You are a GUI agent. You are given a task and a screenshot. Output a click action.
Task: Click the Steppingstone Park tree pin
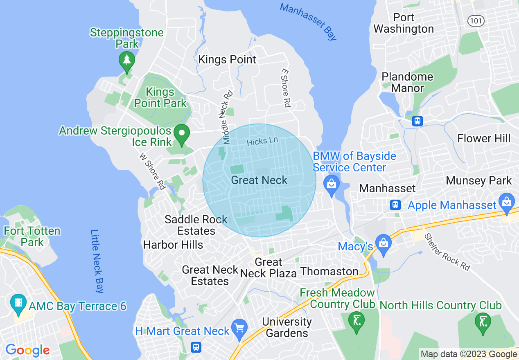coord(127,60)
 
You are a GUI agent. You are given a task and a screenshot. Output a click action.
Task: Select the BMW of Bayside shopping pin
coord(332,184)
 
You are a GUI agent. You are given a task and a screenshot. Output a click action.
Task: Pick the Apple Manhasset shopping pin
coord(507,202)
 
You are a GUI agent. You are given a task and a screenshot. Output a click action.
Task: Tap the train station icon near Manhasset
coord(395,204)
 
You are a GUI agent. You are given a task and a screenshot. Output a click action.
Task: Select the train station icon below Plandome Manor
coord(417,121)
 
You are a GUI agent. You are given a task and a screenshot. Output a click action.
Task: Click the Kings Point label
coord(227,60)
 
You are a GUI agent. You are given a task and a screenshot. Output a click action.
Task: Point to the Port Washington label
coord(404,23)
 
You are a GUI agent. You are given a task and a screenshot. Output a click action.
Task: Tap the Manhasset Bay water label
coord(308,21)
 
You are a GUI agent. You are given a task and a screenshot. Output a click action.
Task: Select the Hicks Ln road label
coord(262,141)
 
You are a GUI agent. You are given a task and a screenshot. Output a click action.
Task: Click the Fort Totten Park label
coord(32,236)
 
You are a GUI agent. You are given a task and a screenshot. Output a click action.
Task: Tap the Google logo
coord(27,350)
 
